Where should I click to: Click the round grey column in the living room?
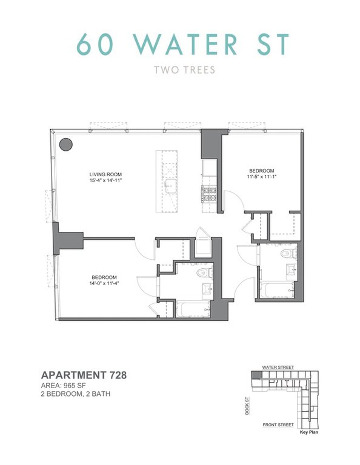[66, 145]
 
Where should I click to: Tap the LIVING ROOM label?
[106, 174]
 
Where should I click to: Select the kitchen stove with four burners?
[209, 194]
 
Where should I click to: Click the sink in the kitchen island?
[171, 186]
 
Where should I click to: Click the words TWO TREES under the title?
[184, 70]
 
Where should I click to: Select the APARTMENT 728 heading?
[84, 375]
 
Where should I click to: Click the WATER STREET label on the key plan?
[278, 367]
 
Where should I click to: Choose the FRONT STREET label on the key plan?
[278, 425]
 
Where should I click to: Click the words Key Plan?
[309, 432]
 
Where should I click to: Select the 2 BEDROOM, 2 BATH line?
[76, 394]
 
